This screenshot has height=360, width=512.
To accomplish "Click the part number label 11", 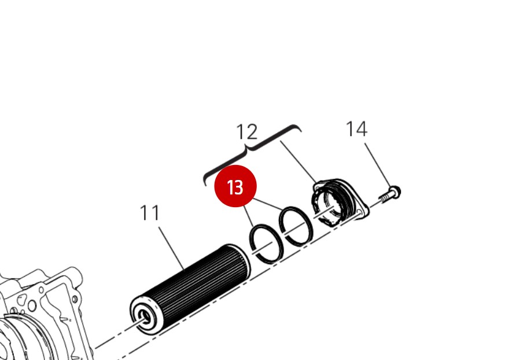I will (x=150, y=213).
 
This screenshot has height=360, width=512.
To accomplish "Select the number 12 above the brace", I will (x=247, y=132).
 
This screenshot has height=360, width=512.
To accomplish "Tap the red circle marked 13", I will (x=235, y=187).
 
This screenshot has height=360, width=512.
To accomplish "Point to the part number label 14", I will (x=356, y=128).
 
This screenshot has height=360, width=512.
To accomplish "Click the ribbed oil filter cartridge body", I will (x=191, y=284).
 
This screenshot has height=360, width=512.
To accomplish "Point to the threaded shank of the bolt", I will (x=385, y=197).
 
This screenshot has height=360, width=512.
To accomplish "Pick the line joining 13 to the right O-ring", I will (x=269, y=204).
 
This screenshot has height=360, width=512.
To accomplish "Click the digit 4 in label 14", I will (x=362, y=128).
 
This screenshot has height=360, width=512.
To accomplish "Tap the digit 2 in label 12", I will (x=252, y=132).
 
